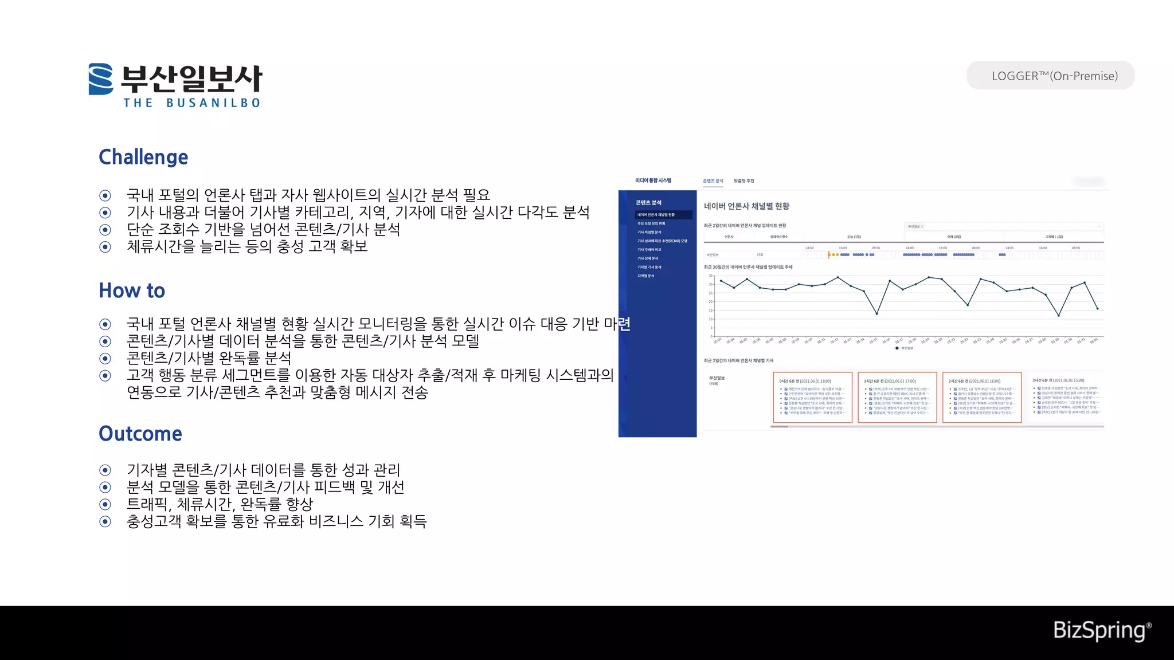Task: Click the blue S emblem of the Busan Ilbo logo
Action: pos(101,79)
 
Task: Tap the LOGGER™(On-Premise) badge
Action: pos(1050,76)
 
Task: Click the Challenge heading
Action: pos(143,157)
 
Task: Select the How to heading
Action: pos(132,290)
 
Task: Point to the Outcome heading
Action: pos(140,434)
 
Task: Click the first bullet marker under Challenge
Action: pos(105,195)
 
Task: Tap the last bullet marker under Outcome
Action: pos(105,521)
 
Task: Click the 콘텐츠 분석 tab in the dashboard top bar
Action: pos(713,181)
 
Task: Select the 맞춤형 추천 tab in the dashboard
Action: pos(743,181)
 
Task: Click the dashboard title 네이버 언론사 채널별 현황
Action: pos(746,206)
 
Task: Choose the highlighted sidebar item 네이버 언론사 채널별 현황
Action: pos(656,215)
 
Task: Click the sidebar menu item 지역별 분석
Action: pos(646,276)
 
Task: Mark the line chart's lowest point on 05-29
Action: pos(1058,315)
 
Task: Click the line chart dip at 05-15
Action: pos(876,313)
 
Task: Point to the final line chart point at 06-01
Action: pos(1097,309)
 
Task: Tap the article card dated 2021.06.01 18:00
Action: pos(812,398)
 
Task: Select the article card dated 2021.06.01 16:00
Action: pos(981,398)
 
